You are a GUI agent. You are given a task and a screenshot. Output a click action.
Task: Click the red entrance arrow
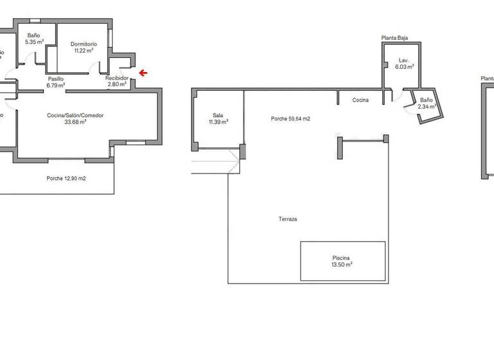(143, 73)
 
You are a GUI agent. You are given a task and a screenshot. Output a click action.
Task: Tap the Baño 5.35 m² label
(34, 39)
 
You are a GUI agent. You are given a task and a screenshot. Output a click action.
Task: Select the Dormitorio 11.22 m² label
(84, 47)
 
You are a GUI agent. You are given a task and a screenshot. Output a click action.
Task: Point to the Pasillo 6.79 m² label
(55, 81)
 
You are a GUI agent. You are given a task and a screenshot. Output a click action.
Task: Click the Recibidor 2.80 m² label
(117, 81)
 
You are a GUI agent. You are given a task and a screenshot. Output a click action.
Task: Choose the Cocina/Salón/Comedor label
(75, 116)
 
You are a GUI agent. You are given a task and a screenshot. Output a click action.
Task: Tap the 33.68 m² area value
(75, 122)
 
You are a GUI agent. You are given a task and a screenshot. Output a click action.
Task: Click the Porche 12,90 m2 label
(66, 178)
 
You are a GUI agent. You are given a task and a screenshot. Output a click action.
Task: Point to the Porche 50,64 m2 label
(291, 118)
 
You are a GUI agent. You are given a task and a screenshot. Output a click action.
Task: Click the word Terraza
(288, 219)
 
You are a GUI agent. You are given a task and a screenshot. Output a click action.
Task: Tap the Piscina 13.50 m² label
(342, 260)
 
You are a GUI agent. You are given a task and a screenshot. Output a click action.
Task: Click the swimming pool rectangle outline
(342, 242)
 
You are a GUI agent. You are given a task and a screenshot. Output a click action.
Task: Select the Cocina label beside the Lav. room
(360, 100)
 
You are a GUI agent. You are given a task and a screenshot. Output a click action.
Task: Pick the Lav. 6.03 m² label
(404, 63)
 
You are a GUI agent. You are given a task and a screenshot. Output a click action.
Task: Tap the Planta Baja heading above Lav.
(394, 39)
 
